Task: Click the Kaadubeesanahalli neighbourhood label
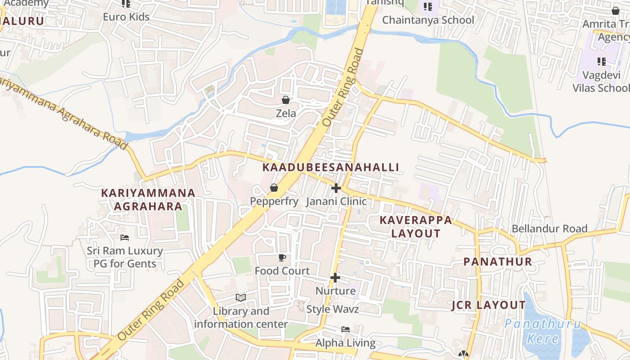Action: pyautogui.click(x=331, y=167)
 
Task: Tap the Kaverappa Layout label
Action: pyautogui.click(x=416, y=226)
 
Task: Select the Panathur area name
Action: pyautogui.click(x=498, y=261)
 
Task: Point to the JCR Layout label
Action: pyautogui.click(x=489, y=305)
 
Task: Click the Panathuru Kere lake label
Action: pyautogui.click(x=543, y=331)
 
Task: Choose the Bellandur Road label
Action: pyautogui.click(x=549, y=229)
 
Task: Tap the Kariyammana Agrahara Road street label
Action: pyautogui.click(x=63, y=112)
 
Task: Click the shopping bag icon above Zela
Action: pyautogui.click(x=286, y=100)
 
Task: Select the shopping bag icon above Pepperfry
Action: pyautogui.click(x=274, y=188)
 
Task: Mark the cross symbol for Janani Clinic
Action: pyautogui.click(x=336, y=188)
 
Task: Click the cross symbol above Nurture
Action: pyautogui.click(x=335, y=278)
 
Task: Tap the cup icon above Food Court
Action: pyautogui.click(x=282, y=257)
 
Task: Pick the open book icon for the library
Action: pyautogui.click(x=241, y=297)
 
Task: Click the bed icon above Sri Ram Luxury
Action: pyautogui.click(x=125, y=237)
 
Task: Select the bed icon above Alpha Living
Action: pyautogui.click(x=346, y=329)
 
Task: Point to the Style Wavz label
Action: pyautogui.click(x=333, y=309)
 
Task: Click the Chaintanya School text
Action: pyautogui.click(x=428, y=20)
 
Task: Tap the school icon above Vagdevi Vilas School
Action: pyautogui.click(x=601, y=62)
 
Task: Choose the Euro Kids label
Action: pyautogui.click(x=126, y=17)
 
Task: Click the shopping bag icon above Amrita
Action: pyautogui.click(x=615, y=11)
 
